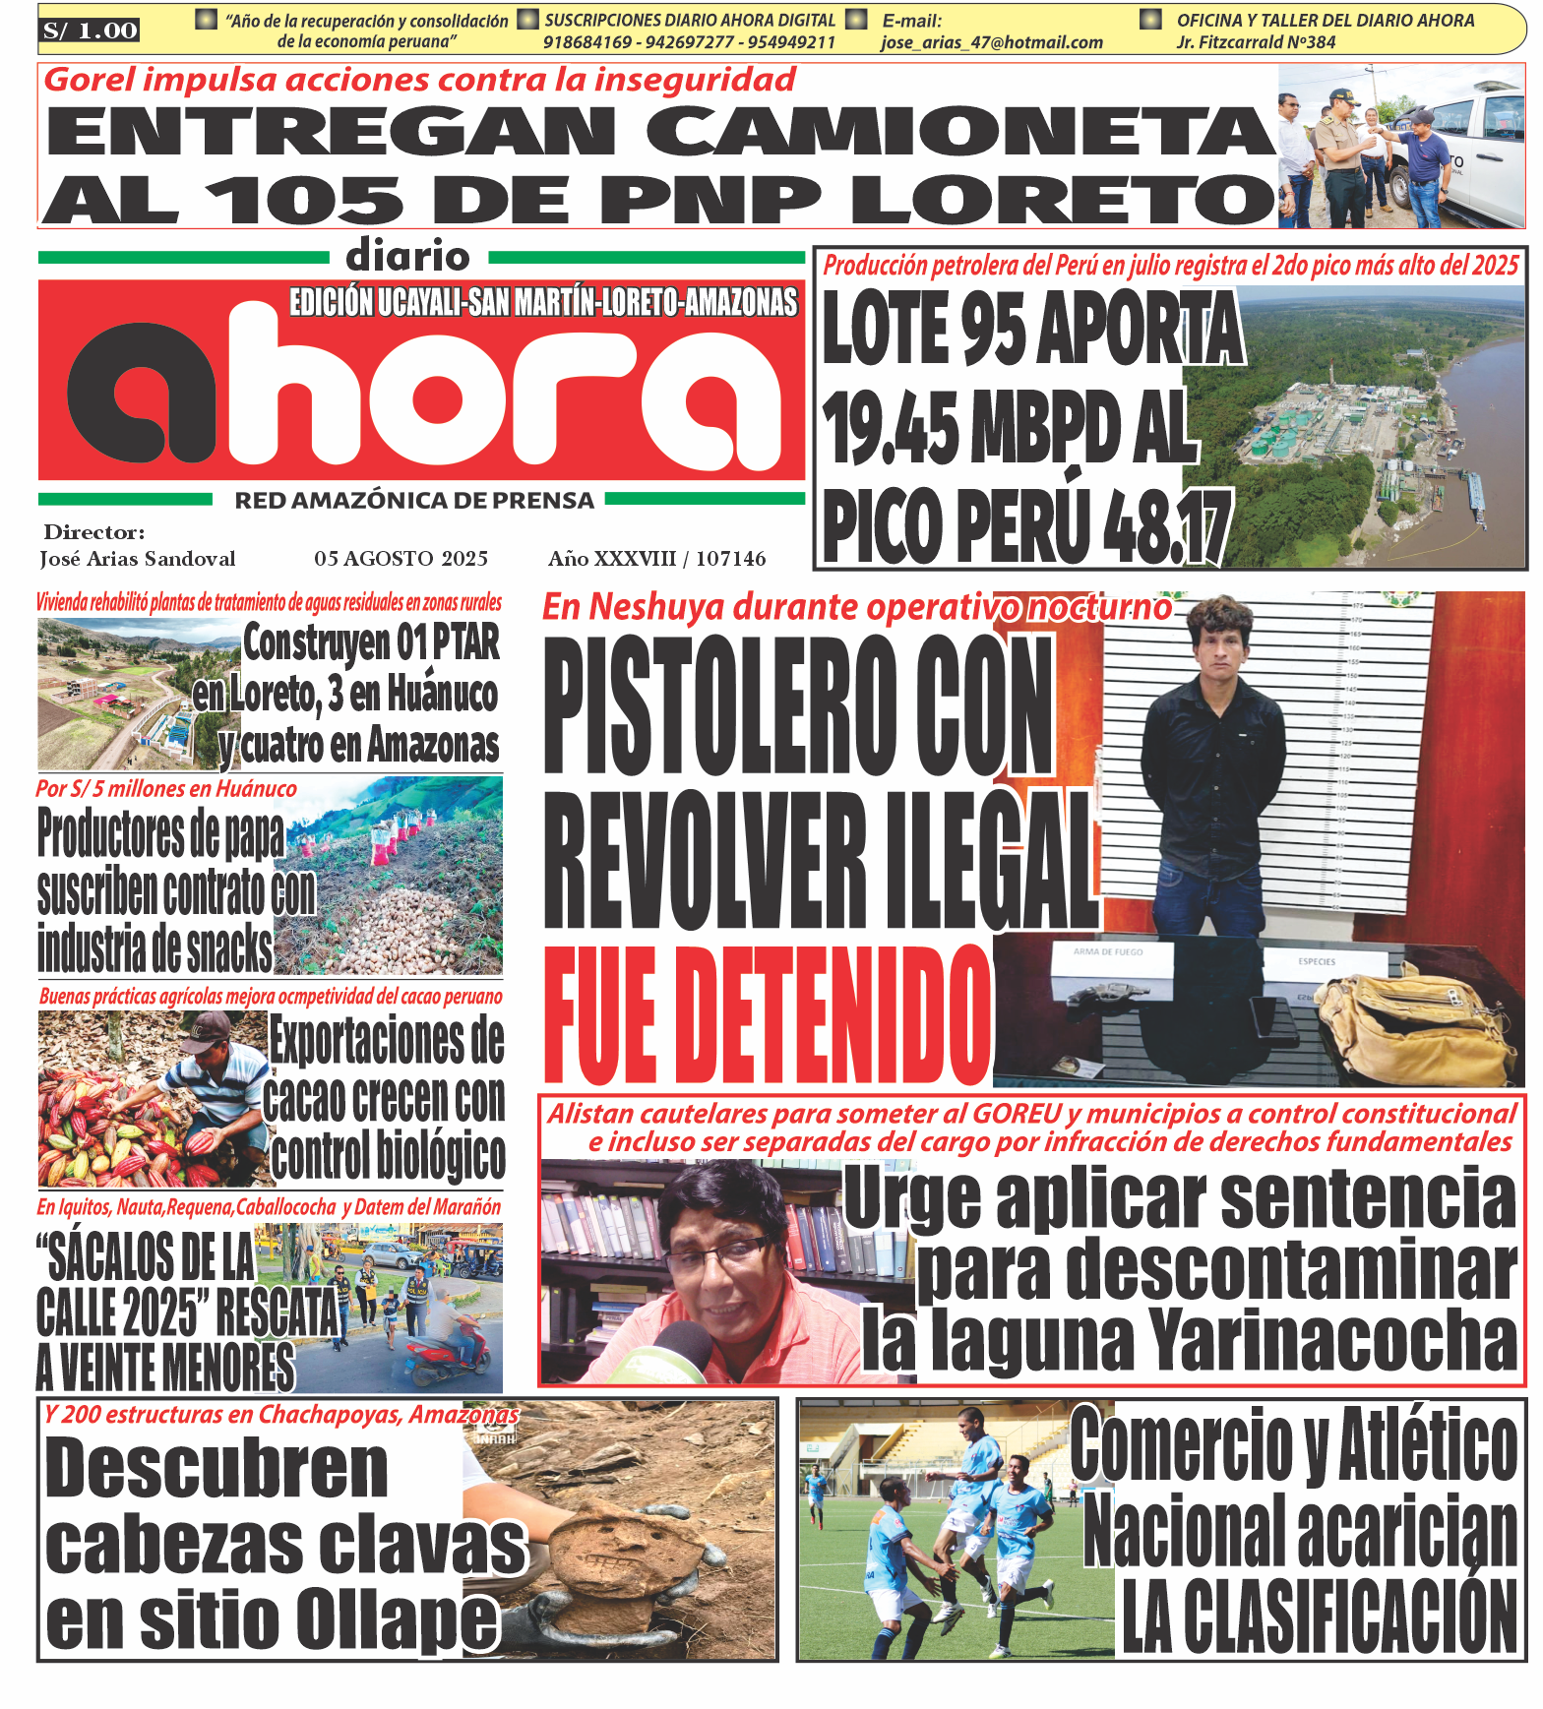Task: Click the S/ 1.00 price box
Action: (90, 31)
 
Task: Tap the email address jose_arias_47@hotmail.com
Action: (991, 42)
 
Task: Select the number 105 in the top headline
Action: (304, 200)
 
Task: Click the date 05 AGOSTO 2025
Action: (401, 559)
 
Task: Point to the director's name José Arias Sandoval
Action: (138, 559)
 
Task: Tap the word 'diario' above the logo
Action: (408, 257)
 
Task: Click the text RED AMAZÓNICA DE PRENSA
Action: (414, 501)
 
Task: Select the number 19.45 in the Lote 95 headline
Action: (890, 428)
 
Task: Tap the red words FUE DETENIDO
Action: (768, 1015)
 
